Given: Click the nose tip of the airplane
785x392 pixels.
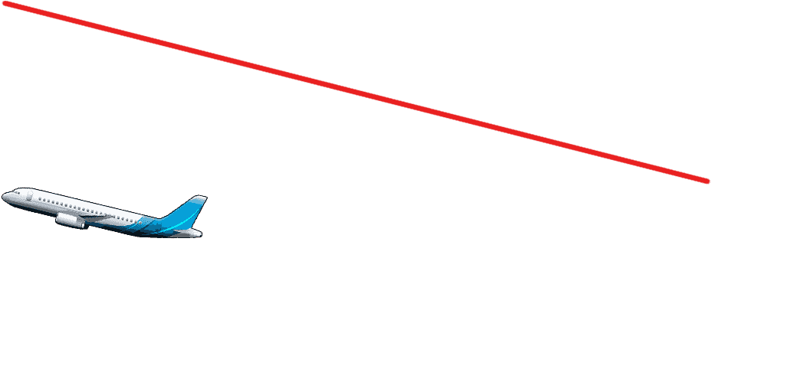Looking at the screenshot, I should (x=3, y=197).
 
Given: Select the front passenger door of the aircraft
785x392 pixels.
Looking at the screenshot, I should (x=29, y=196).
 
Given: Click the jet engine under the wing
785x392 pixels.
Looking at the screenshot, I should (x=70, y=220).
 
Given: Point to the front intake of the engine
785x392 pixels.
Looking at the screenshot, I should (x=58, y=218).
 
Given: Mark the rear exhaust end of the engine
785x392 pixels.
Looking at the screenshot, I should (x=83, y=223).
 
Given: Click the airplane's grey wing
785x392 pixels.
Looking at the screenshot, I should (x=100, y=217).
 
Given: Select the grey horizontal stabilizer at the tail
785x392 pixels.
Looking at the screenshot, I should (x=187, y=231).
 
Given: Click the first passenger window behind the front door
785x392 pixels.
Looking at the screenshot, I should (x=40, y=199).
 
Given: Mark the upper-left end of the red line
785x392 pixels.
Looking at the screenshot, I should (x=5, y=4).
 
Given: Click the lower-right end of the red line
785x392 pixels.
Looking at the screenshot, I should (x=707, y=181).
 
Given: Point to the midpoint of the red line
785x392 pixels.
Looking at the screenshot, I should (x=356, y=93).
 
